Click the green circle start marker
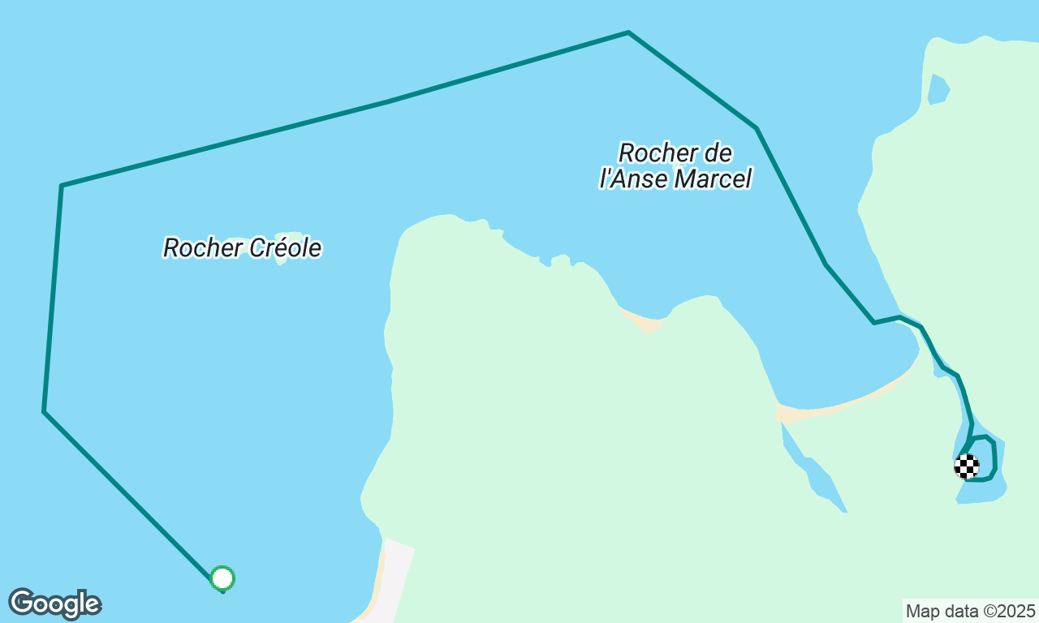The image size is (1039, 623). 222,578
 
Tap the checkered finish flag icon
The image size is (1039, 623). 967,466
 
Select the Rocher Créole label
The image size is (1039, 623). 242,247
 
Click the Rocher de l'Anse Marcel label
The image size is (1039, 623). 675,165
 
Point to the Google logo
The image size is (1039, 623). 54,604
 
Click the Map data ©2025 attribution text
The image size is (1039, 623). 970,611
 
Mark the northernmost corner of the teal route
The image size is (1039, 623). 628,32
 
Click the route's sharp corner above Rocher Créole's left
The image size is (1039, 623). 62,186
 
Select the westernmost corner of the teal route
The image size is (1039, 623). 44,411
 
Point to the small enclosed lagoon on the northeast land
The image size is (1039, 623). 938,89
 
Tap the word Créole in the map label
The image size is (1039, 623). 284,247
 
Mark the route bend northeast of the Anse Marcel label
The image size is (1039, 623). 757,128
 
